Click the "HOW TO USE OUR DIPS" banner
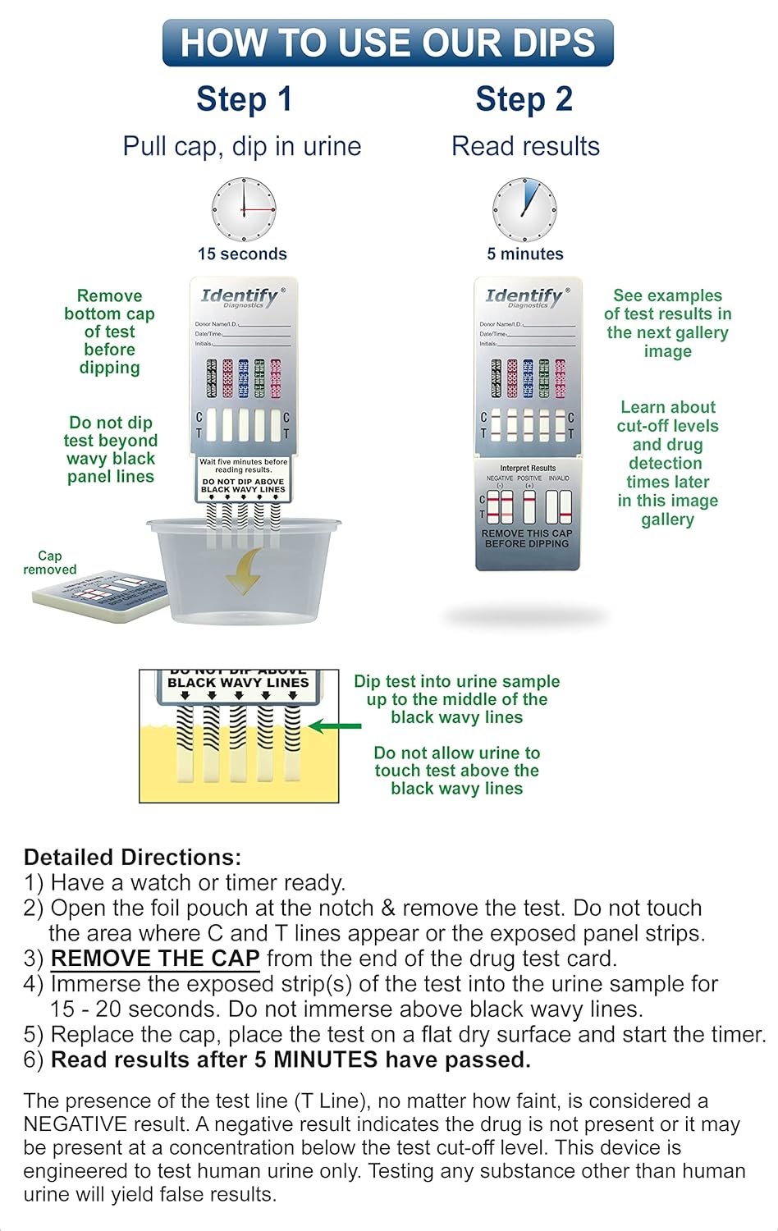point(387,43)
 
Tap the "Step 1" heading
point(244,99)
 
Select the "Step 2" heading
point(524,99)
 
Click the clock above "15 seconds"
point(243,209)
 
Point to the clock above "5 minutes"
point(524,209)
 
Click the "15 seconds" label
point(242,254)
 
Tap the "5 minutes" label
point(525,254)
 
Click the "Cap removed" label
point(49,563)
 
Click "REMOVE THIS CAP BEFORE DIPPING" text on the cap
point(527,538)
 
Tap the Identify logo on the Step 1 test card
point(240,296)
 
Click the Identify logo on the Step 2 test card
point(524,296)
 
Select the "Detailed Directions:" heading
point(132,858)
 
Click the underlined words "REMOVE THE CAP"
point(155,959)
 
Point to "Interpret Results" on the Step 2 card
point(528,468)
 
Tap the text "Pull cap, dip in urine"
point(242,147)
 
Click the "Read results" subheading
point(525,147)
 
